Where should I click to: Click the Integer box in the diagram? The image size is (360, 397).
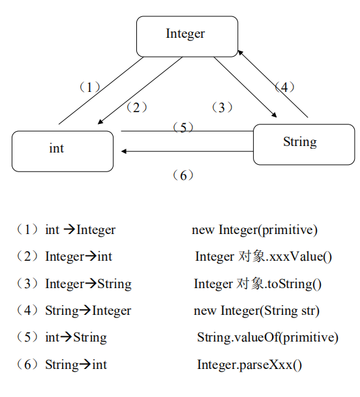187,37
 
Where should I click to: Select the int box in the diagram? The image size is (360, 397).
63,151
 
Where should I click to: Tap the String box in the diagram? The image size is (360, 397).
304,144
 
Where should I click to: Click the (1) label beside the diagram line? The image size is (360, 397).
89,87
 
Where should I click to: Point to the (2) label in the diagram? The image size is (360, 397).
136,108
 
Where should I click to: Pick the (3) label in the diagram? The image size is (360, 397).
222,108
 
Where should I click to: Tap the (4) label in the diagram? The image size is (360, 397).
284,87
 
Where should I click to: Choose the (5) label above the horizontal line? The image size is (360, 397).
183,127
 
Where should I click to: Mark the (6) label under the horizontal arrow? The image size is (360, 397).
183,175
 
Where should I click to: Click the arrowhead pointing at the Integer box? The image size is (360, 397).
240,52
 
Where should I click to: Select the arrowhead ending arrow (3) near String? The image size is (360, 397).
274,115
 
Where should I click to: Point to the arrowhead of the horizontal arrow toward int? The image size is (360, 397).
124,151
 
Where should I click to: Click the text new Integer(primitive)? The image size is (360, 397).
254,230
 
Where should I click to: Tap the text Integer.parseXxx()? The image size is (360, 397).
250,365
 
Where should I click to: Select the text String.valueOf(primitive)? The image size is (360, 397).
268,338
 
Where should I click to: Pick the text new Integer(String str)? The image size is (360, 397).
257,311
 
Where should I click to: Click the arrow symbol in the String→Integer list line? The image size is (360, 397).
85,310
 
